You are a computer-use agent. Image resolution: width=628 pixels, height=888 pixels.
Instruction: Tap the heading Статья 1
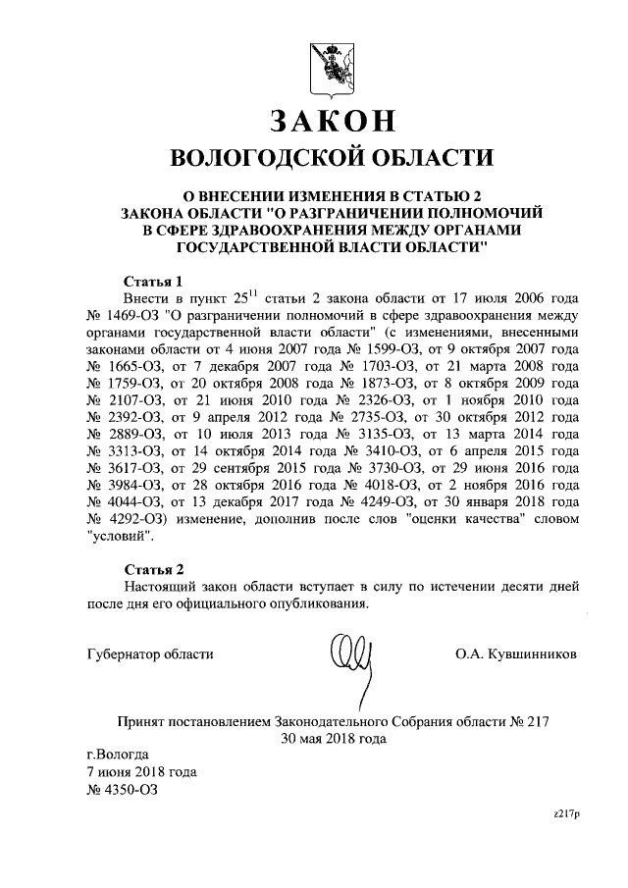155,279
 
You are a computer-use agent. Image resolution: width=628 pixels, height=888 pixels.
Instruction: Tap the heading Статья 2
155,568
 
